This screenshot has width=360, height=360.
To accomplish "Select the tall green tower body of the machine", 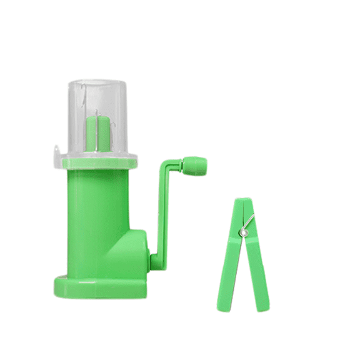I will click(x=94, y=219).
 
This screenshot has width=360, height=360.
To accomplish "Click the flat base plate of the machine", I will click(x=100, y=287).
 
